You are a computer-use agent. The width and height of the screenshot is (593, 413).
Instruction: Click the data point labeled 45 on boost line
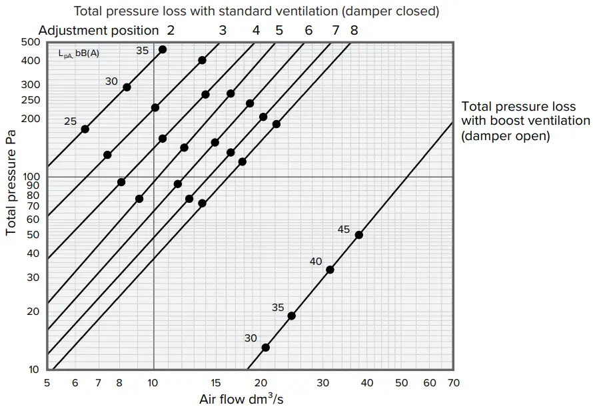click(358, 235)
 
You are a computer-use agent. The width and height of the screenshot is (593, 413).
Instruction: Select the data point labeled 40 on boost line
click(330, 270)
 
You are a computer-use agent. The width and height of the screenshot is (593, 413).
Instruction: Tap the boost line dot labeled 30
click(266, 347)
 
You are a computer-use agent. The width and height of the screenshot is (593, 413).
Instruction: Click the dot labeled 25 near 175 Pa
click(85, 129)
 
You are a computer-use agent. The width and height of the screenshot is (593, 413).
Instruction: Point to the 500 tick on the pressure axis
click(31, 42)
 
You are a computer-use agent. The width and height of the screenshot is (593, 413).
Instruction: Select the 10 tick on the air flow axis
click(153, 383)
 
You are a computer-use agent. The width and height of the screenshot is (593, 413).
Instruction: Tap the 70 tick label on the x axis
click(453, 383)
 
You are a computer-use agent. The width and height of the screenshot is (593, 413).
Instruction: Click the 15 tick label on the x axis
click(216, 383)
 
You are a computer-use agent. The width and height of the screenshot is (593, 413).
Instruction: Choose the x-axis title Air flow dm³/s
click(242, 400)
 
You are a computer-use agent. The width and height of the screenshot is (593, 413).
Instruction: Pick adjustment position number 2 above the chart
click(171, 30)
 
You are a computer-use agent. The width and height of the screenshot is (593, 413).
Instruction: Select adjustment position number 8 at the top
click(354, 30)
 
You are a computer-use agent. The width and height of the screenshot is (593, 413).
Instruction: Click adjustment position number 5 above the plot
click(279, 30)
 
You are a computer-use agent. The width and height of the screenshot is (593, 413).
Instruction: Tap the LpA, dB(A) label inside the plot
click(79, 53)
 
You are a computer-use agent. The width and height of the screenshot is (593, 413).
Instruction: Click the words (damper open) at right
click(505, 136)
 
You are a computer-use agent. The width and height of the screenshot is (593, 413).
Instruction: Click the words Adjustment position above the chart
click(99, 30)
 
